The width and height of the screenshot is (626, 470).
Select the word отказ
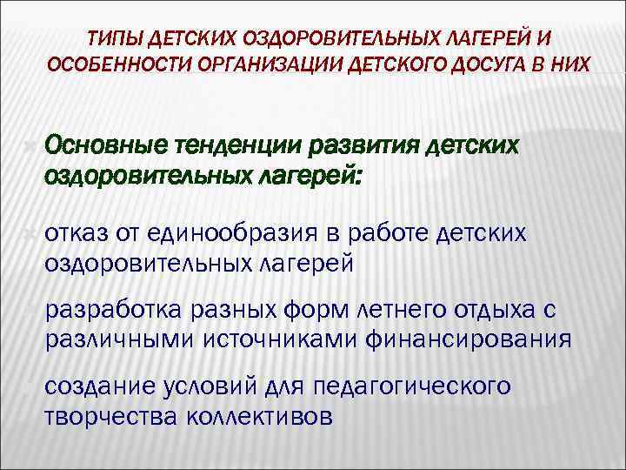pos(74,234)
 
